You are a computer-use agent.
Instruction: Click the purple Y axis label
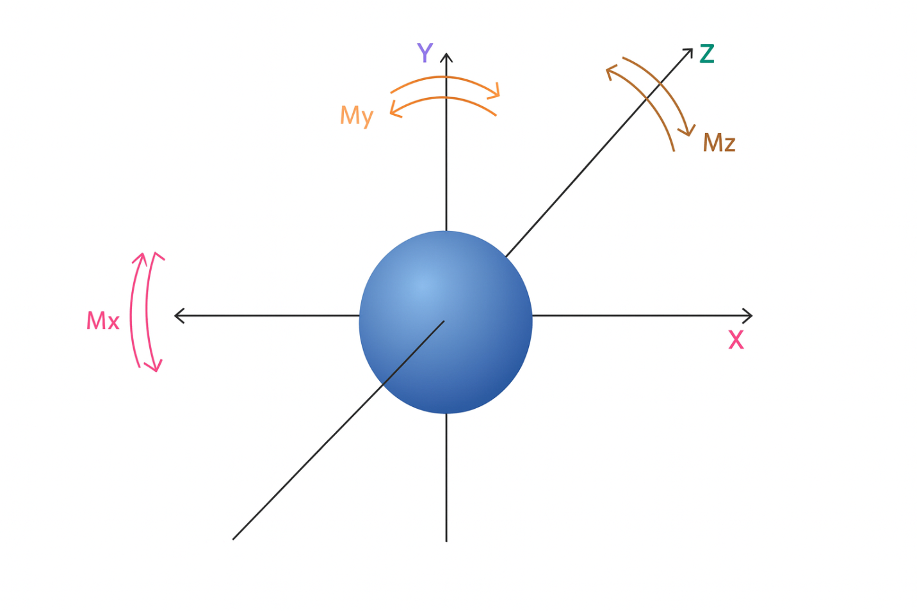pos(425,52)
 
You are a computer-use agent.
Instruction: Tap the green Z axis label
pos(707,54)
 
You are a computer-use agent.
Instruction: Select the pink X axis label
pos(736,340)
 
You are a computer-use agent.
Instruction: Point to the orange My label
pos(357,116)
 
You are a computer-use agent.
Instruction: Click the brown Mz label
pos(719,143)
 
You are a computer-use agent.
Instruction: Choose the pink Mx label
pos(102,321)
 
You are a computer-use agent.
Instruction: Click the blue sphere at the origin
pos(446,322)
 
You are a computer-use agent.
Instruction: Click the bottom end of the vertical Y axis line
pos(446,542)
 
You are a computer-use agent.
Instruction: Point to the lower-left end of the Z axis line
pos(233,539)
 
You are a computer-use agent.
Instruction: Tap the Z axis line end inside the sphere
pos(444,321)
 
